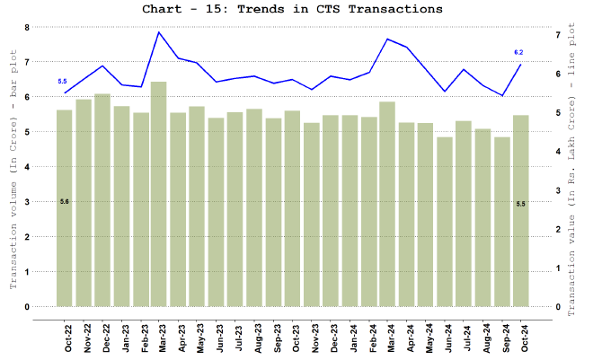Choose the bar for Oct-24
point(520,210)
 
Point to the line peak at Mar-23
point(159,32)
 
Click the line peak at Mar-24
point(388,39)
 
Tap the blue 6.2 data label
point(518,53)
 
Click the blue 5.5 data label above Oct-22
point(62,82)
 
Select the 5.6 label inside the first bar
point(65,201)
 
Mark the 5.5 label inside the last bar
point(520,204)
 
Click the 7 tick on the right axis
point(559,35)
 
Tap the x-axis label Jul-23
point(235,337)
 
